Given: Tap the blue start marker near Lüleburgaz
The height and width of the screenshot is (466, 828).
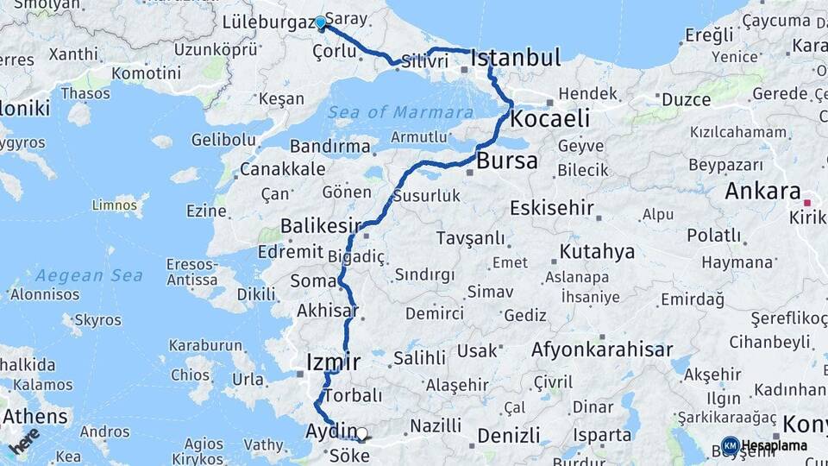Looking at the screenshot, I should pos(321,23).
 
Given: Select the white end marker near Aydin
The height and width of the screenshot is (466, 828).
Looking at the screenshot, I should pos(362,435).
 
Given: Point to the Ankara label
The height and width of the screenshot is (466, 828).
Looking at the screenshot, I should pos(762,192).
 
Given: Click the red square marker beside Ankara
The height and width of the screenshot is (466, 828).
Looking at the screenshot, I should pos(806,202).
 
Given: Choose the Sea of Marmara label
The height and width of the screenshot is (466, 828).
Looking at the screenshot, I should pos(400,112).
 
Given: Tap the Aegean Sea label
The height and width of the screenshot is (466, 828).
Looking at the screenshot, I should pos(78,276).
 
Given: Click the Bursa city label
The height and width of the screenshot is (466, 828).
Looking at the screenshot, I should pos(507,161).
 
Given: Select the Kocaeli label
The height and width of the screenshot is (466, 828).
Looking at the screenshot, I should pos(550,118).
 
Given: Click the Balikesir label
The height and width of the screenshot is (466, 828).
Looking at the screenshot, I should pos(320,226).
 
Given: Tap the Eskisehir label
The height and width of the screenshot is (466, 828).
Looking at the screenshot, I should pos(552,208).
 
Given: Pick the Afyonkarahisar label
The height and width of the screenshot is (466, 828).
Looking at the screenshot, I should pos(602,350).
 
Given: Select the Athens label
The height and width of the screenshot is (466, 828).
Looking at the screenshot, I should pos(34,416).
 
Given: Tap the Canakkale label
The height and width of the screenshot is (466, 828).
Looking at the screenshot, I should pos(282,169).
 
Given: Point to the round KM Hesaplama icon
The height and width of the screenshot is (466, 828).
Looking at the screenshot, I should pos(730,445).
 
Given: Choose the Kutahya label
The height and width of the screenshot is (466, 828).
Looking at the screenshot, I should pos(597,252).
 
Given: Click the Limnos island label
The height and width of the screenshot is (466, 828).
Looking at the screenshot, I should pos(116,205).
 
